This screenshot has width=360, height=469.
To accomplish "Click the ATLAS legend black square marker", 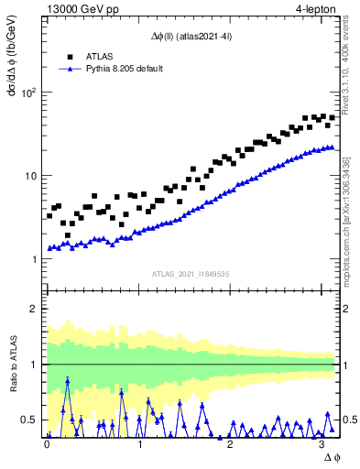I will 71,57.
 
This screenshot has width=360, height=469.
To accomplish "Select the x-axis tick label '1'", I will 139,445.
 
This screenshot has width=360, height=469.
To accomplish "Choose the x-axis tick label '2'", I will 231,445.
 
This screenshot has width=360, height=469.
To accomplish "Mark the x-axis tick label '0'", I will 47,445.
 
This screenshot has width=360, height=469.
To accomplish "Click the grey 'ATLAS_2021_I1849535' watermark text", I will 191,273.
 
